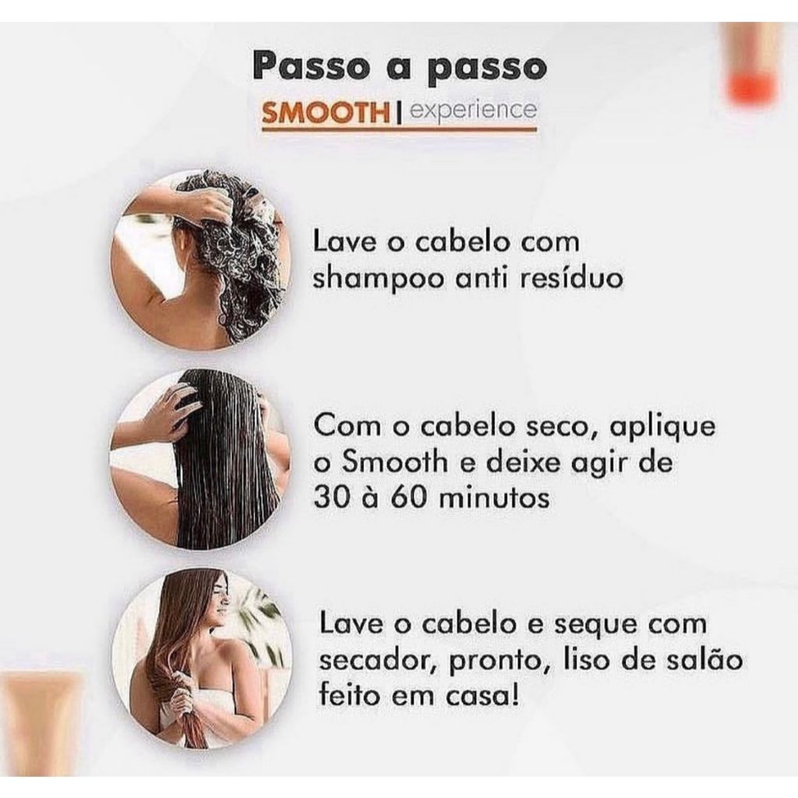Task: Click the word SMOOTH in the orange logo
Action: (x=325, y=112)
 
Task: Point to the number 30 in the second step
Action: (x=333, y=499)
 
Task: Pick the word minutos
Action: (x=494, y=499)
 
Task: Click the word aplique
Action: (x=662, y=429)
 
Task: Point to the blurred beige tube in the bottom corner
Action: (x=41, y=722)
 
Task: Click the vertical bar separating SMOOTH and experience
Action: (x=399, y=113)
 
